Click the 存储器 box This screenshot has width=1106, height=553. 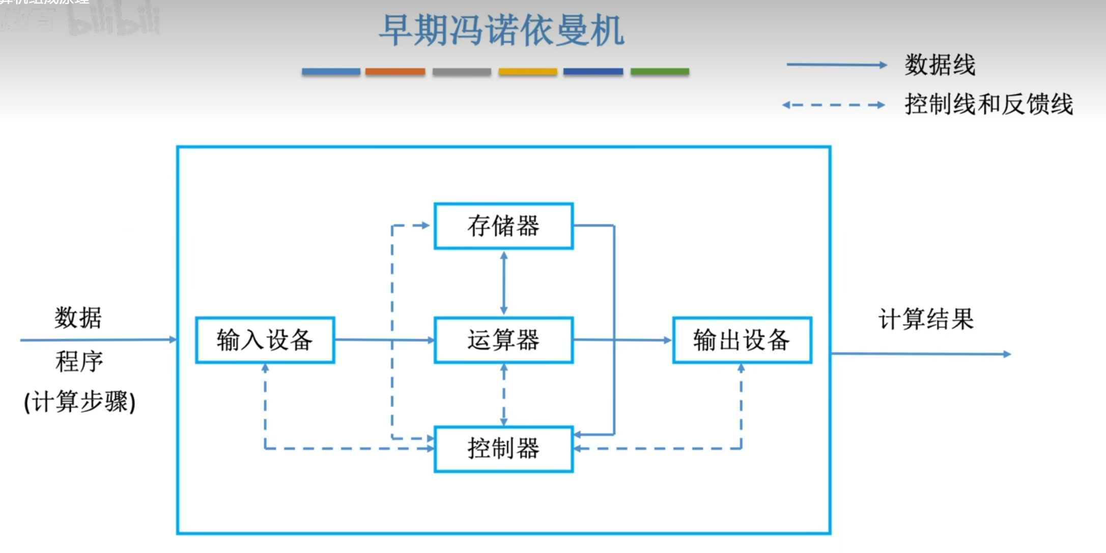pos(503,226)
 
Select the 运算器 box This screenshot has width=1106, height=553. pos(503,340)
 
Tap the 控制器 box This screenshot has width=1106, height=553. pos(503,449)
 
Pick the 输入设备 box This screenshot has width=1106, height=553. pos(265,340)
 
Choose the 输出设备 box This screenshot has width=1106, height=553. pos(742,340)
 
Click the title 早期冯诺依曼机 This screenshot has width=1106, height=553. pos(501,31)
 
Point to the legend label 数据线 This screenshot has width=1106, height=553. pos(940,65)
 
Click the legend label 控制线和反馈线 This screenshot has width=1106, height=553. pos(988,104)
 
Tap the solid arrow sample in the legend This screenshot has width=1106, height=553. pos(836,65)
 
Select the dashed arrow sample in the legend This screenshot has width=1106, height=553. pos(833,105)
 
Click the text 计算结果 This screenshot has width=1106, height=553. pos(926,319)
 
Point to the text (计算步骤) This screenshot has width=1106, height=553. pos(80,401)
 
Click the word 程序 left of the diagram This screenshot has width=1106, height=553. pos(79,362)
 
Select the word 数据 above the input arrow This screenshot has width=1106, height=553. pos(78,318)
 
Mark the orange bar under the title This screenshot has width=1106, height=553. pos(395,72)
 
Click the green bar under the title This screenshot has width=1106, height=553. pos(660,72)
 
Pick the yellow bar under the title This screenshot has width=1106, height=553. pos(528,72)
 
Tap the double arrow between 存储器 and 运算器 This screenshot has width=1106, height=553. pos(503,283)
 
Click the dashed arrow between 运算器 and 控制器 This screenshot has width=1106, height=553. pos(503,395)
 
